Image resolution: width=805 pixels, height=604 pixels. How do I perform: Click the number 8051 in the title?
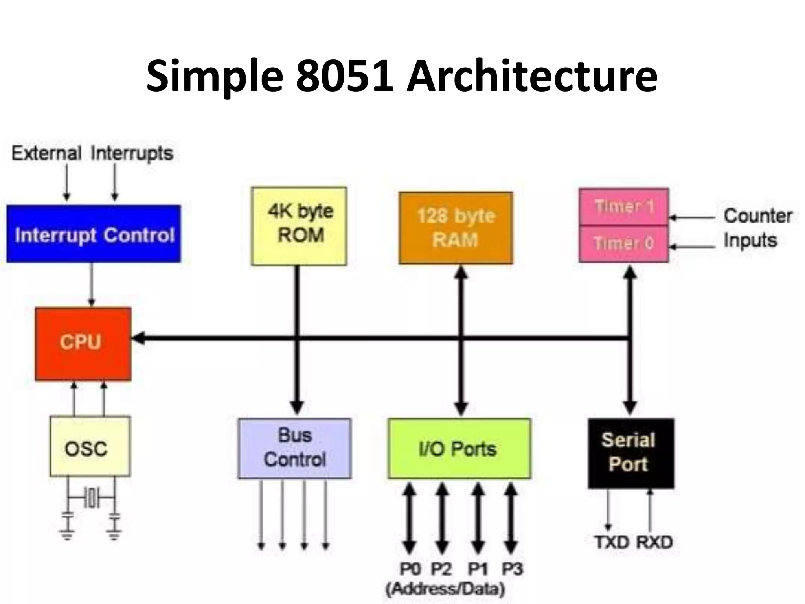[344, 75]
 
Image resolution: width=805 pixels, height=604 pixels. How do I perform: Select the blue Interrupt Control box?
[94, 234]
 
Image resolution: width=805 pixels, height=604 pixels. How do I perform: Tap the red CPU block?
[83, 344]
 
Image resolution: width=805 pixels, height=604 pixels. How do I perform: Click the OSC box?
[90, 446]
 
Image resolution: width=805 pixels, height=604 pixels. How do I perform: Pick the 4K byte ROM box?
[299, 226]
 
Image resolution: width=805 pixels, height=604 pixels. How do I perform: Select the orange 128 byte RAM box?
[456, 228]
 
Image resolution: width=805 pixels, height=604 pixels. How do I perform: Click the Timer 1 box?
[624, 206]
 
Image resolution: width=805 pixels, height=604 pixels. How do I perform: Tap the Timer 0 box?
[624, 243]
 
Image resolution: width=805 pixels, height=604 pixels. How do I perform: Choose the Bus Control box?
[295, 448]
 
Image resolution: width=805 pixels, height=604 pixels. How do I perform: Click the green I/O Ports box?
[459, 448]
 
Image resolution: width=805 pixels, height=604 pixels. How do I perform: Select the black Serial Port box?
[630, 453]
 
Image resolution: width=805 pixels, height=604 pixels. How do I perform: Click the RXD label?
[654, 542]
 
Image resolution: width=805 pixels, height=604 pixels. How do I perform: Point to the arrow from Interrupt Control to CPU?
[92, 285]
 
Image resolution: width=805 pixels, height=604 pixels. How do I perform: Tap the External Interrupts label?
[92, 153]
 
